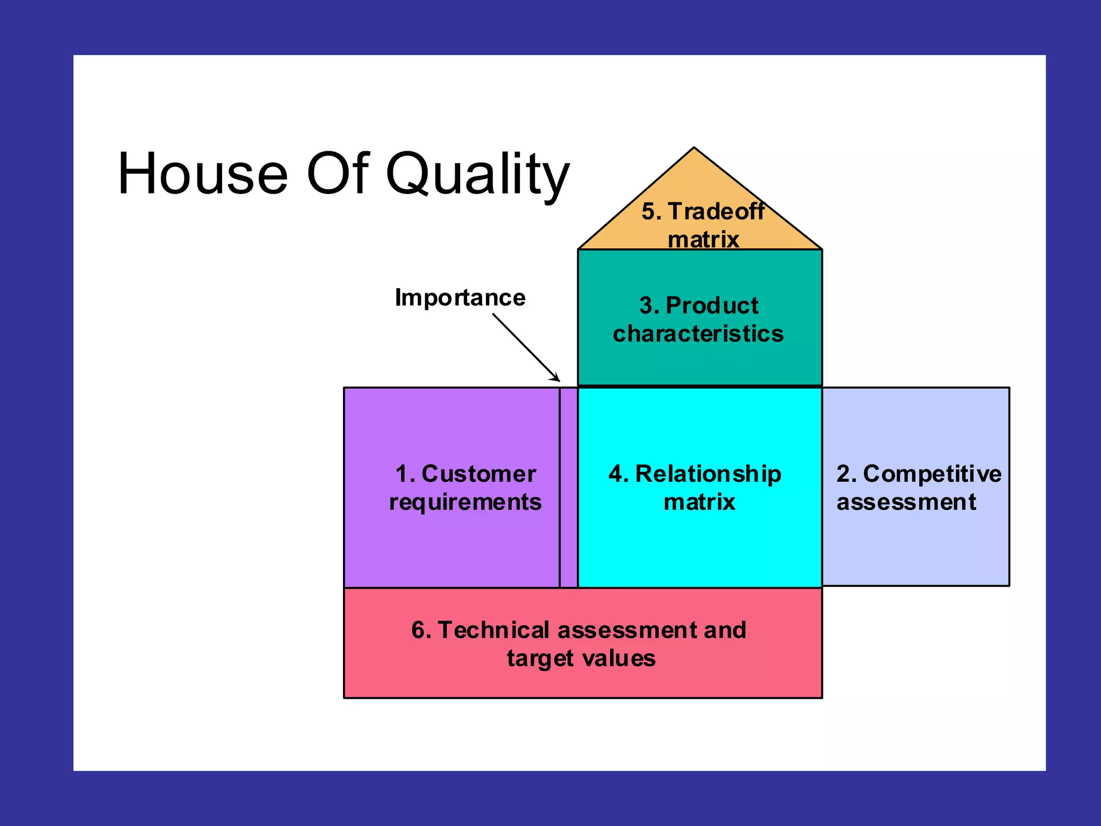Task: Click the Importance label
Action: click(460, 297)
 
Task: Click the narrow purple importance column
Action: click(568, 487)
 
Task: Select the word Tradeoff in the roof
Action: click(716, 211)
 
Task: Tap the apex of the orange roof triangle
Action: click(694, 149)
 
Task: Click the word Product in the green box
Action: click(712, 305)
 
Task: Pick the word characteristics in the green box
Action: click(698, 334)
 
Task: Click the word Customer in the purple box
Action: click(478, 474)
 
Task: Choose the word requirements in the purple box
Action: click(465, 502)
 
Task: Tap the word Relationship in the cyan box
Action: click(708, 474)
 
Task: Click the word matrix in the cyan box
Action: click(699, 502)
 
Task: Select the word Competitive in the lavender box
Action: click(932, 474)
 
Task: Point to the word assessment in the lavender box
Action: click(906, 502)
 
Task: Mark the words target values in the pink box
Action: click(581, 658)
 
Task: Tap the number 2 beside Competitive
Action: click(843, 474)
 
